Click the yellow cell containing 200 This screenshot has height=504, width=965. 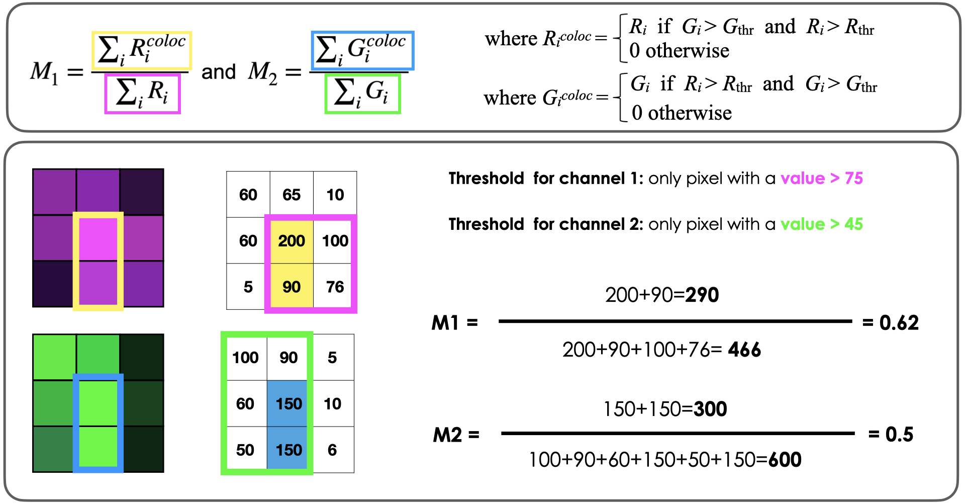292,241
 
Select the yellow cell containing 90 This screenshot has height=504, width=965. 292,287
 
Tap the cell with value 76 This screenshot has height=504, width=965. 335,287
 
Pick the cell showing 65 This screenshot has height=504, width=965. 292,195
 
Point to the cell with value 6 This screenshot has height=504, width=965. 332,450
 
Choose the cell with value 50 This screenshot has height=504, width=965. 245,450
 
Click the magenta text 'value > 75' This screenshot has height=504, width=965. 821,178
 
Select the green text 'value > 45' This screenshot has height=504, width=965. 821,224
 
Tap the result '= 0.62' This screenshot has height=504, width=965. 890,322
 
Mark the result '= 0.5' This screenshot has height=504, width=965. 890,434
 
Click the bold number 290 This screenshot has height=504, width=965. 702,295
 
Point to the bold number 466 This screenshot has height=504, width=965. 744,349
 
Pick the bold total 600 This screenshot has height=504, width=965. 785,459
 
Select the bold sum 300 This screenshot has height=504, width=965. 710,409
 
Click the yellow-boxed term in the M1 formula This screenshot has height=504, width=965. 142,50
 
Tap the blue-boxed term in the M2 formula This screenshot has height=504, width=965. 362,50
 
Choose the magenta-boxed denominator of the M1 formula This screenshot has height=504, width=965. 142,93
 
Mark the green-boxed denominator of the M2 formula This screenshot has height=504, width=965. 362,93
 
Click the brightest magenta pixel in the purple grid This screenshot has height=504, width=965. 98,237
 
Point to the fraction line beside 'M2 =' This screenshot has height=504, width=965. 678,433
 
